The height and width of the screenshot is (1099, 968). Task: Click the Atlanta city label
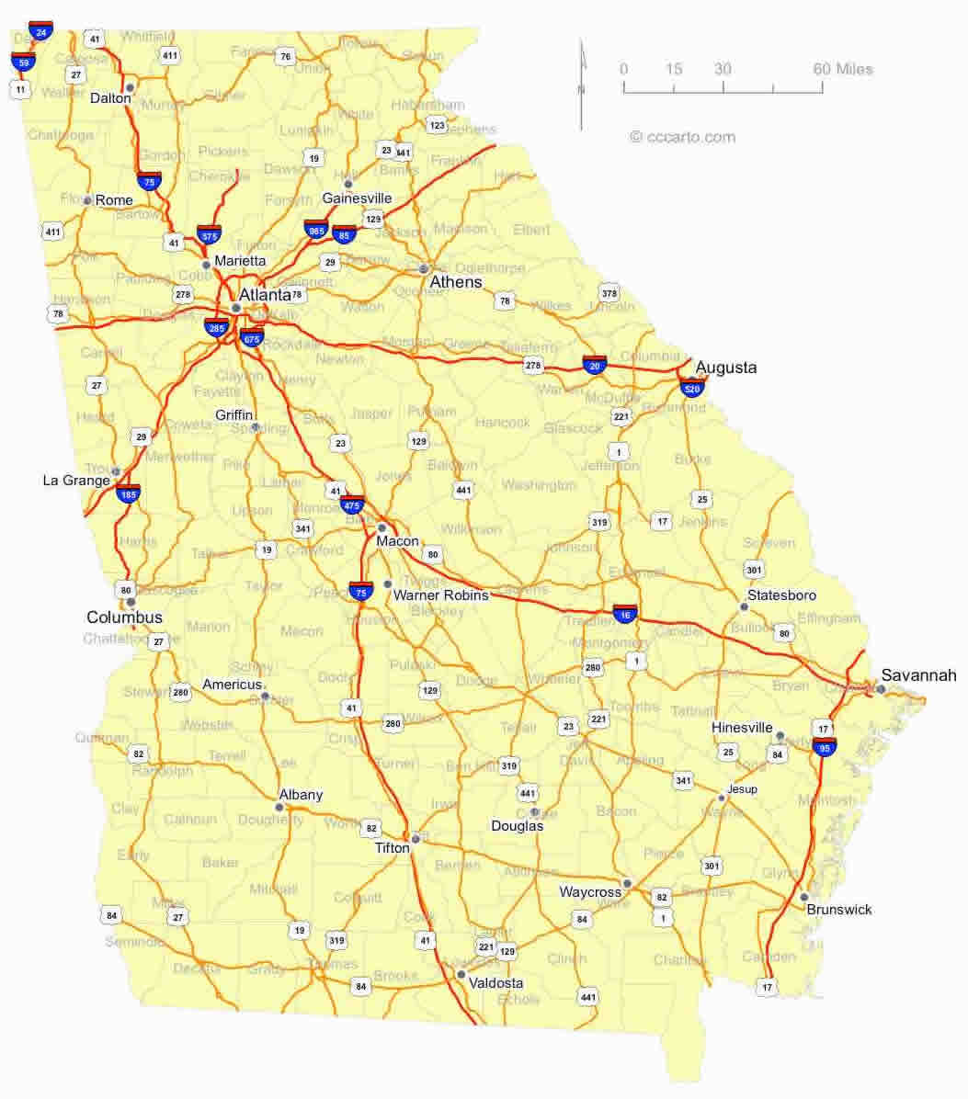tap(265, 295)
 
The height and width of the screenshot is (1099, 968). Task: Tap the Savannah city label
tap(918, 675)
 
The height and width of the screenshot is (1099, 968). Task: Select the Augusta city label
tap(726, 368)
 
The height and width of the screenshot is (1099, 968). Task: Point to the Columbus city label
tap(124, 617)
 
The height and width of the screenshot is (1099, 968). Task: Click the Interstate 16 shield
tap(623, 613)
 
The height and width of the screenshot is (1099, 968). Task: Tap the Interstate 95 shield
tap(825, 745)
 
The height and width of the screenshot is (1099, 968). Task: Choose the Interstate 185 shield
tap(129, 493)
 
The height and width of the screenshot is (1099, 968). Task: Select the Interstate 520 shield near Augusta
tap(692, 387)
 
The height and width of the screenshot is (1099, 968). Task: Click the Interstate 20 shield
tap(595, 365)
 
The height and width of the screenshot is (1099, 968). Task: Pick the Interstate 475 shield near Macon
tap(352, 504)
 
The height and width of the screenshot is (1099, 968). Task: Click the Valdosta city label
tap(495, 982)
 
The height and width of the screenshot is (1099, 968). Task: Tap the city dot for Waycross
tap(627, 883)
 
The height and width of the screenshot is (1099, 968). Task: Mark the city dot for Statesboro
tap(744, 606)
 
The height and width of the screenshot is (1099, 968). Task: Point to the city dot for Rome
tap(88, 200)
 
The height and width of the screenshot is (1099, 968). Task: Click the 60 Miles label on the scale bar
tap(843, 69)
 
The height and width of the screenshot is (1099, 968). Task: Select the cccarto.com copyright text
tap(682, 137)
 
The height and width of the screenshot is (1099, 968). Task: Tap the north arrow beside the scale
tap(581, 85)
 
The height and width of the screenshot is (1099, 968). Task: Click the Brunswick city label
tap(839, 910)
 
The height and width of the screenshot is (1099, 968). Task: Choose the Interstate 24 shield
tap(40, 30)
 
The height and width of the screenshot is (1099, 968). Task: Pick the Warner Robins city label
tap(440, 595)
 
